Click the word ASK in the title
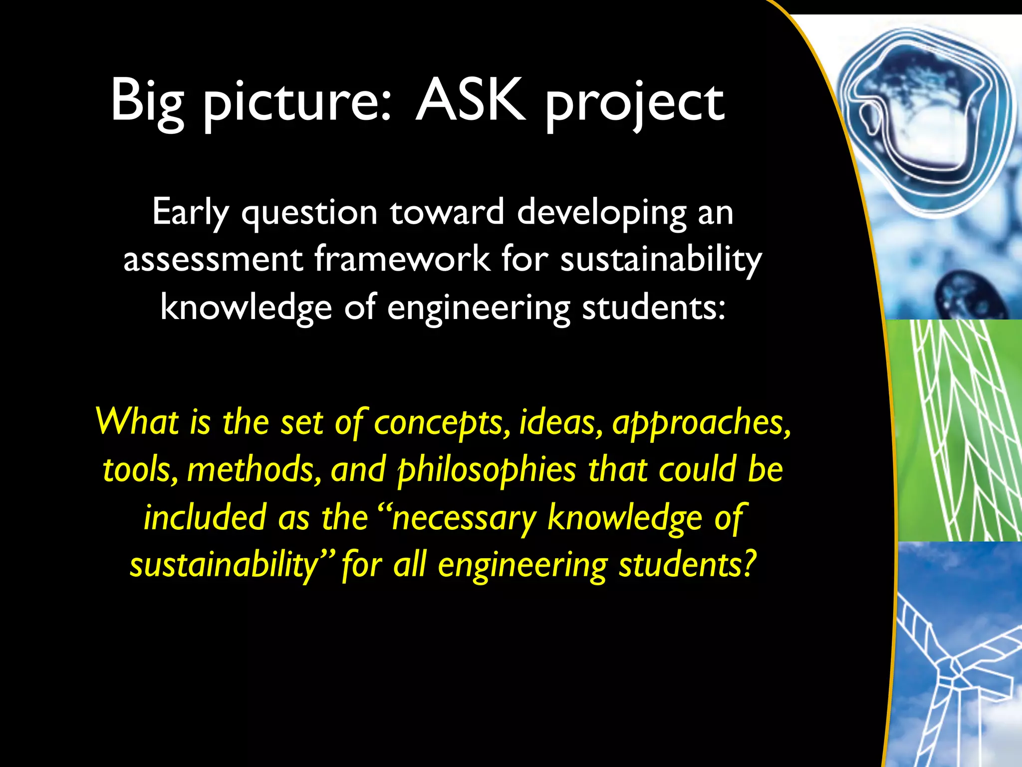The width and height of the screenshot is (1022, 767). [471, 101]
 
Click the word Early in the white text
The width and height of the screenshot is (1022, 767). [190, 213]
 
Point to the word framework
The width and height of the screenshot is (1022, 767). [402, 260]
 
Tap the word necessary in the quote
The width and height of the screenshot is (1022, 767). [464, 518]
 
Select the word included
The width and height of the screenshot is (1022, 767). [205, 517]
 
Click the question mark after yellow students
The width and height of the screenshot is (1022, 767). [747, 564]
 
